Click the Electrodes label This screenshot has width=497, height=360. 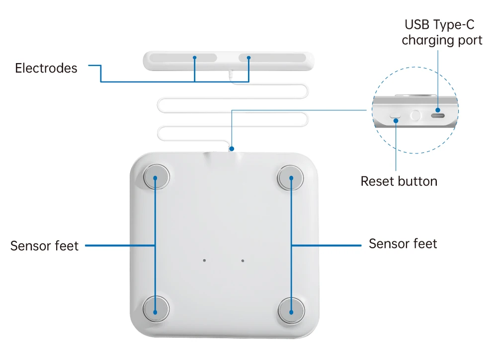pyautogui.click(x=46, y=68)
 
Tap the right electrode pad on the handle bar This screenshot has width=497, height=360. pyautogui.click(x=272, y=58)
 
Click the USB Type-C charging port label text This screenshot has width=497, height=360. pyautogui.click(x=442, y=32)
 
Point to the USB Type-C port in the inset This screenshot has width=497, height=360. pyautogui.click(x=437, y=116)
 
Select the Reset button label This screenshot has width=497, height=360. pyautogui.click(x=399, y=181)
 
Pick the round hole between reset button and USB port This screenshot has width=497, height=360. pyautogui.click(x=415, y=116)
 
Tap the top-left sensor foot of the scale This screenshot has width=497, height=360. pyautogui.click(x=156, y=177)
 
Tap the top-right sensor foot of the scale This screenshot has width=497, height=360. pyautogui.click(x=291, y=177)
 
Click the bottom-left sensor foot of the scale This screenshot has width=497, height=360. pyautogui.click(x=156, y=311)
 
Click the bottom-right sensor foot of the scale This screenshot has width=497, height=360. pyautogui.click(x=291, y=311)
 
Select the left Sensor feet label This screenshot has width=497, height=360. pyautogui.click(x=44, y=245)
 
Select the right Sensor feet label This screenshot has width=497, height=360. pyautogui.click(x=403, y=244)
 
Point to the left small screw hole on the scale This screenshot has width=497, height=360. pyautogui.click(x=205, y=260)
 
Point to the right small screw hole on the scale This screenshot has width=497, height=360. pyautogui.click(x=243, y=260)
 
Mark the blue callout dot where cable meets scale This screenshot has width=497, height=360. pyautogui.click(x=232, y=148)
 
